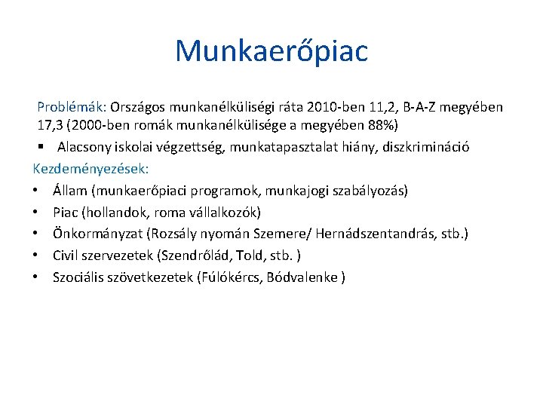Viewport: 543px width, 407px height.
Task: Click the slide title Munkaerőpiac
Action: point(271,51)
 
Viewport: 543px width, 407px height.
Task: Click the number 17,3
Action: point(51,124)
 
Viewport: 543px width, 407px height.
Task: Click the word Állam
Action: point(69,191)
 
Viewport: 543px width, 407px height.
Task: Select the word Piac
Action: point(66,213)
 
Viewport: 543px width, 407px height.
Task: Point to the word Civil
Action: point(67,256)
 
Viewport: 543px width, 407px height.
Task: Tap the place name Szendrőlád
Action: point(192,256)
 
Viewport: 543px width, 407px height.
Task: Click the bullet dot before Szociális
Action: point(36,277)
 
